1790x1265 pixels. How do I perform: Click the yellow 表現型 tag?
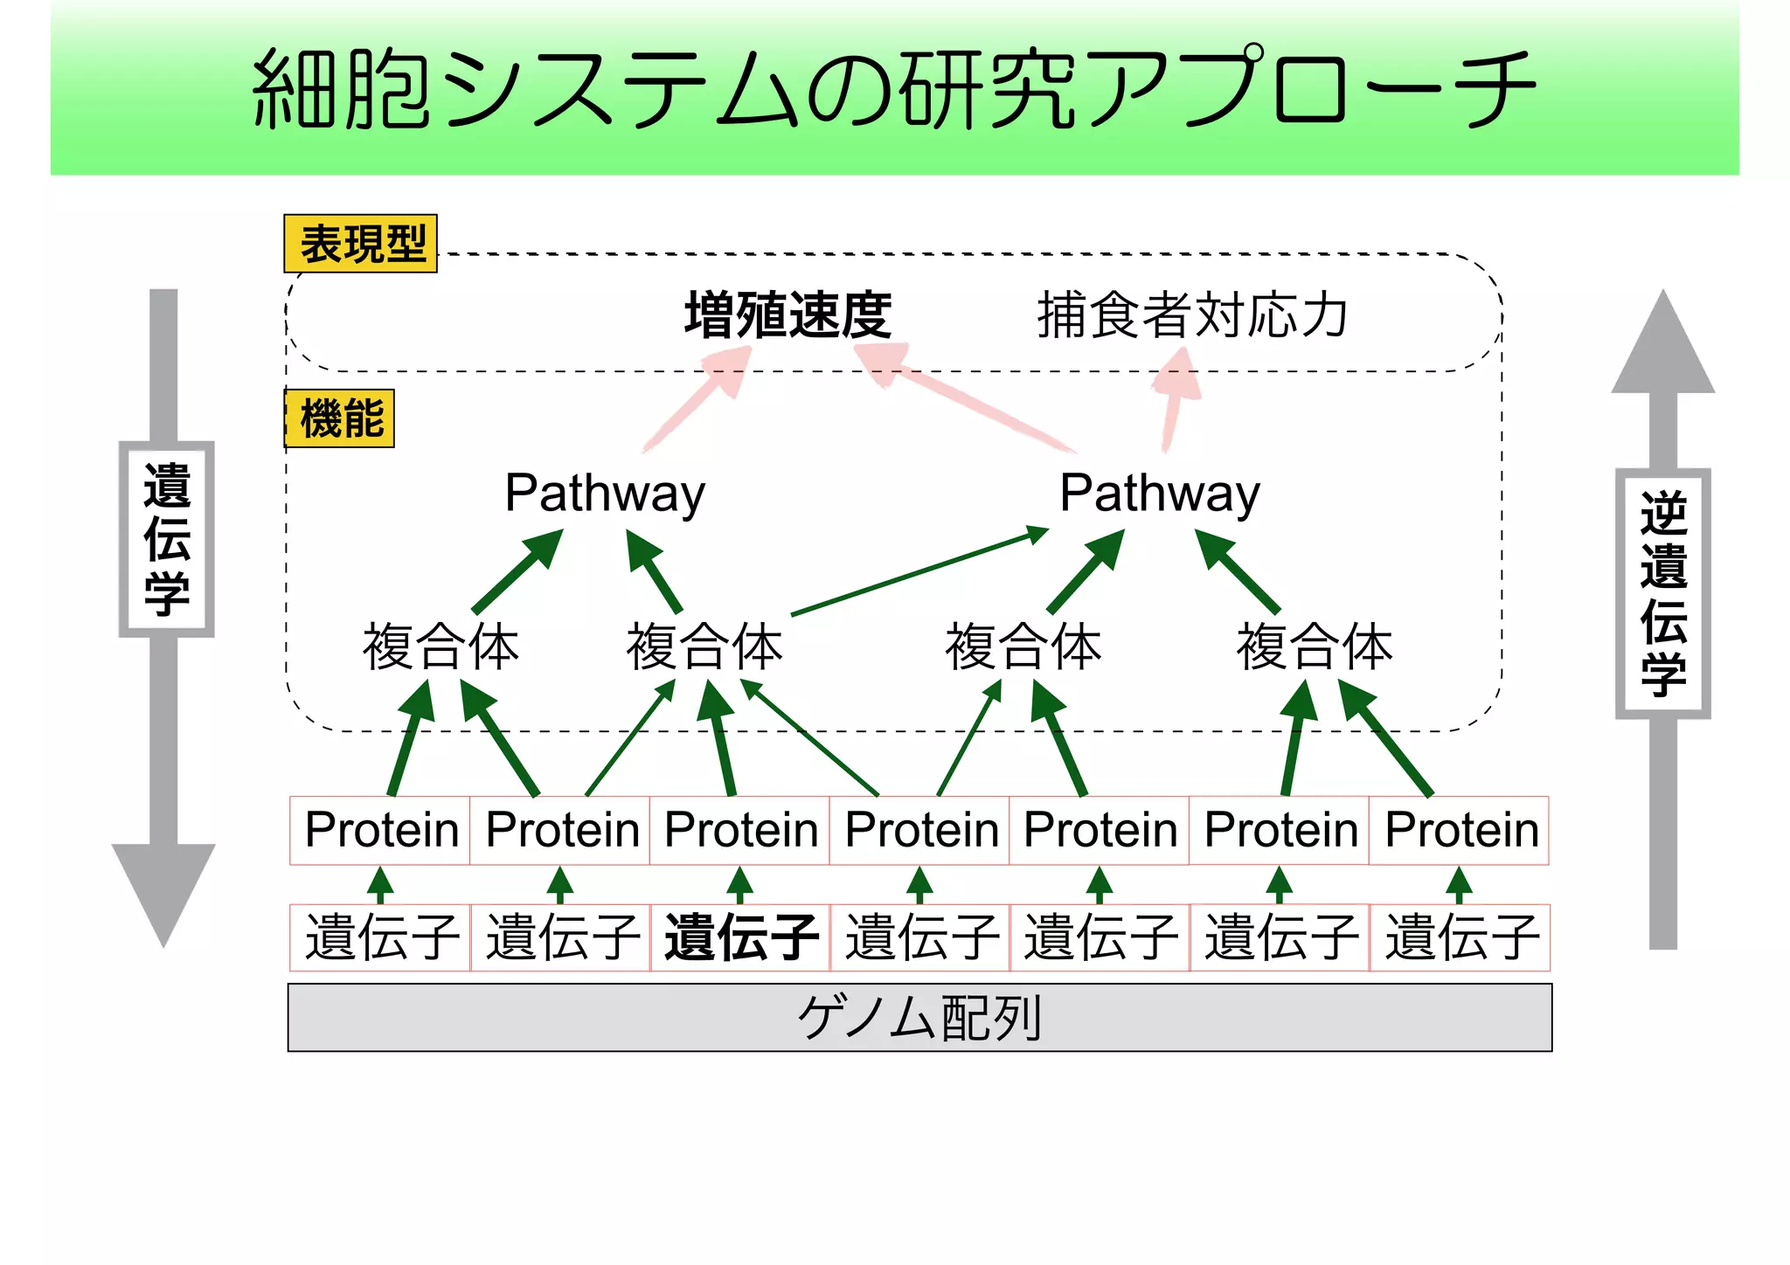(360, 244)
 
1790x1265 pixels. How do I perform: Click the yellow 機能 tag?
(341, 418)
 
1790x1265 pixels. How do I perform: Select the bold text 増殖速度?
(787, 315)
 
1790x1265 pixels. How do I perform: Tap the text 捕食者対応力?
(1192, 315)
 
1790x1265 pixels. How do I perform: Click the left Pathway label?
(605, 494)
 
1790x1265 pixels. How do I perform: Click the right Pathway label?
(1160, 494)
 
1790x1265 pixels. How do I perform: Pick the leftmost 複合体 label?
(441, 647)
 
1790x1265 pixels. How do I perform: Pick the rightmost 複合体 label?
(1314, 647)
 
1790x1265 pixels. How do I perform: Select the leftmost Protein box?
(380, 830)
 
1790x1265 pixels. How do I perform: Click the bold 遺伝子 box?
(740, 938)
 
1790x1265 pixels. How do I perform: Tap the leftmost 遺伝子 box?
(380, 938)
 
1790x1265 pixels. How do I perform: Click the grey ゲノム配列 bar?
(919, 1018)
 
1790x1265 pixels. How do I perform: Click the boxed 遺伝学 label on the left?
(166, 539)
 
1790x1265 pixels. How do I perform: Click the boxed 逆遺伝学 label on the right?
(1662, 594)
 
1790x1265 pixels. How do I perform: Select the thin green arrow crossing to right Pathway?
(918, 571)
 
